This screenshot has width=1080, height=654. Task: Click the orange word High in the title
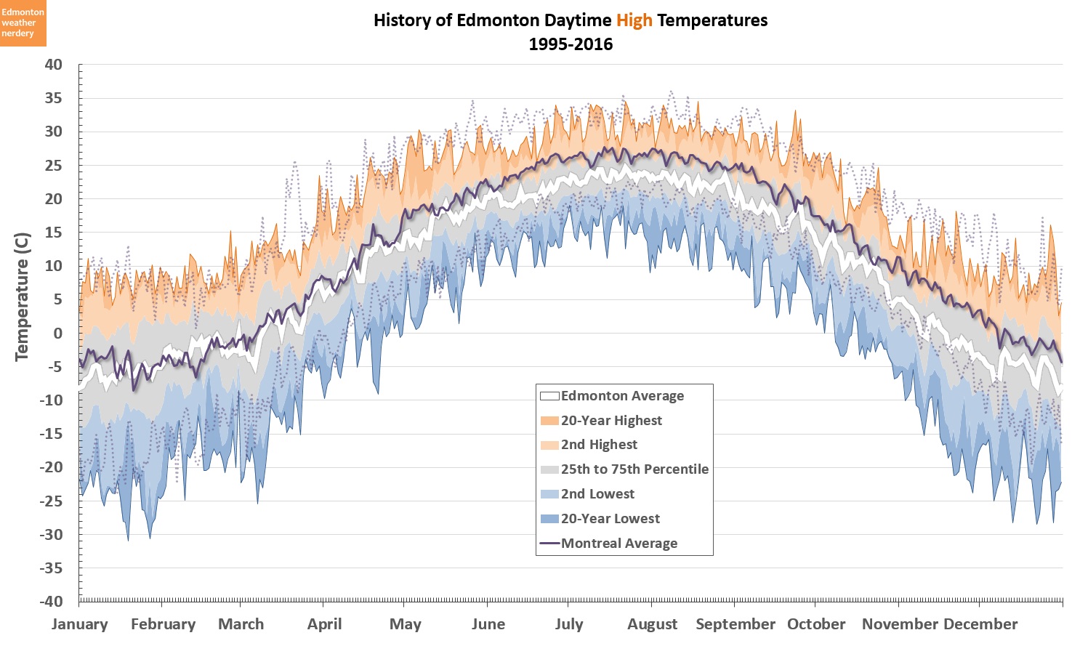tap(634, 20)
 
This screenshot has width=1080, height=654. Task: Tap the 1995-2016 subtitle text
tap(571, 44)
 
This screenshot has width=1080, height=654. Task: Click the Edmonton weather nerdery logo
tap(23, 23)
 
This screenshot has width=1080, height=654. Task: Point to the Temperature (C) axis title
tap(22, 296)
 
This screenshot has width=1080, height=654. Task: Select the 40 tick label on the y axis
tap(54, 65)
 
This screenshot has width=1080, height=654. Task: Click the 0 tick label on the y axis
tap(58, 334)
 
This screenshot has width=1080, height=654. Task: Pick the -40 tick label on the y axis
tap(51, 602)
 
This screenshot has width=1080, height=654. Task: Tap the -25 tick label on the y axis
tap(51, 501)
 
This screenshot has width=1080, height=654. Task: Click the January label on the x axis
tap(79, 624)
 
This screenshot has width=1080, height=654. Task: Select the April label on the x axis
tap(324, 624)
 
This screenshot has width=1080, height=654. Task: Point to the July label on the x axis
tap(569, 624)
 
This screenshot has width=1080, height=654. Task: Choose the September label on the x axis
tap(736, 624)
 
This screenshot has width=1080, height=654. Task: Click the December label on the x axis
tap(980, 624)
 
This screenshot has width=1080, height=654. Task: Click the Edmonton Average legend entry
tap(622, 396)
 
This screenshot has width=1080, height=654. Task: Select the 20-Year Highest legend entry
tap(611, 421)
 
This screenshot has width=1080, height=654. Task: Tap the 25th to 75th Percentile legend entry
tap(634, 469)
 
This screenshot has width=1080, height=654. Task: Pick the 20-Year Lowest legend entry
tap(610, 519)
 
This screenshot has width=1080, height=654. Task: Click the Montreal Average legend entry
tap(619, 544)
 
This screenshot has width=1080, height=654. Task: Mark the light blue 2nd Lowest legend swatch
tap(549, 494)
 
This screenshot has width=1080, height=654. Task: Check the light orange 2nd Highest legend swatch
tap(549, 445)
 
